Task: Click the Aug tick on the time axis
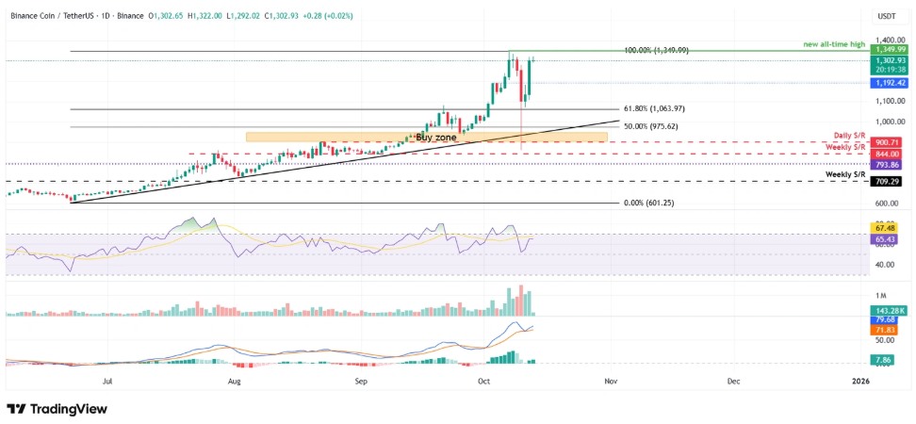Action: click(235, 381)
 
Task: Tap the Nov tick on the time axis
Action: click(611, 381)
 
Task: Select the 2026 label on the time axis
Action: click(859, 381)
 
